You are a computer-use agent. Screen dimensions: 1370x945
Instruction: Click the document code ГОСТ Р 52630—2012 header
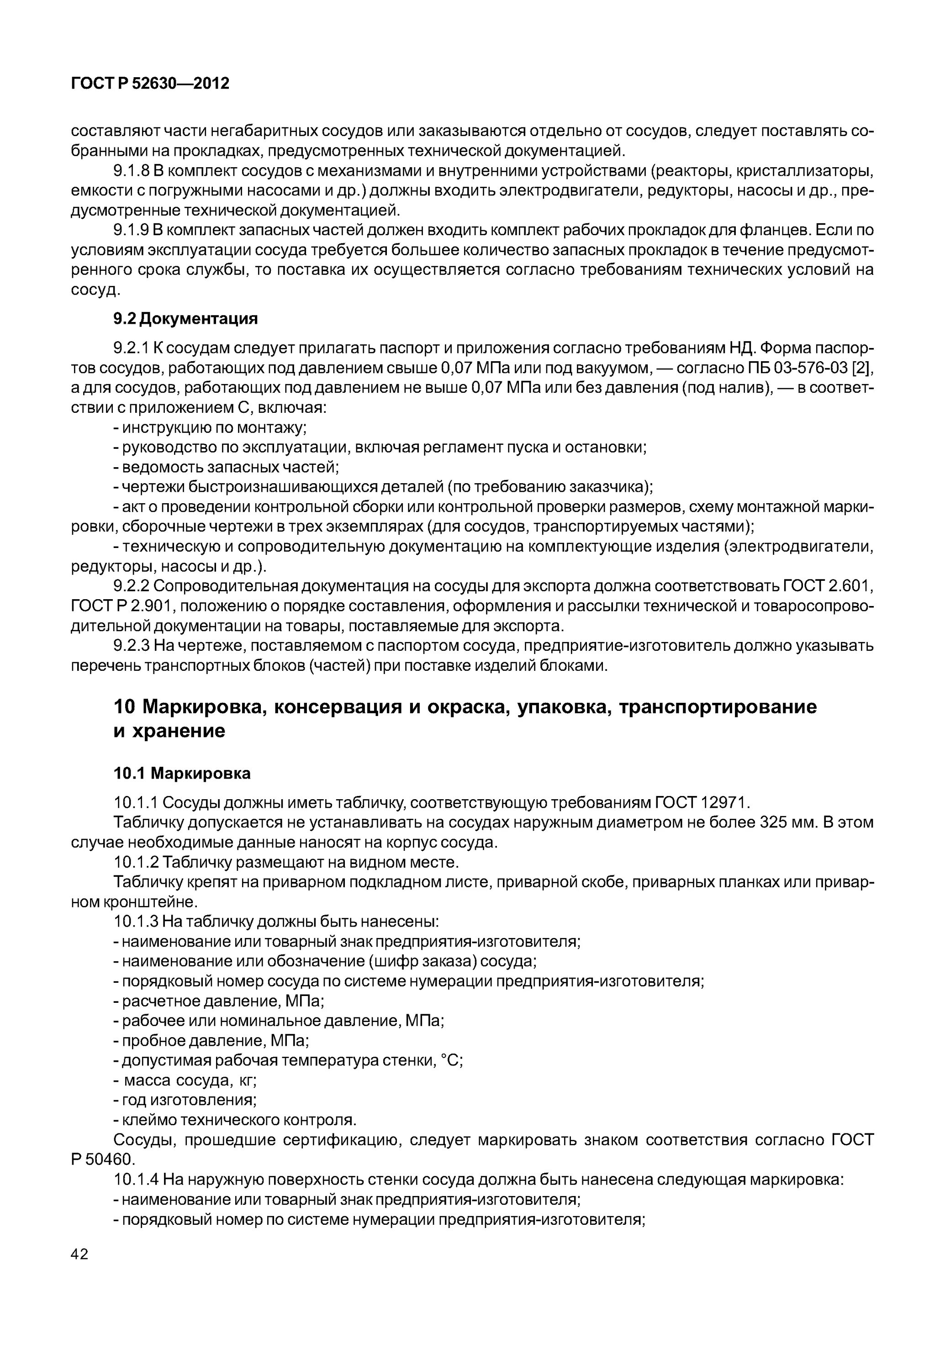click(150, 84)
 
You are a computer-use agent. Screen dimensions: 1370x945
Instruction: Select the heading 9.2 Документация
click(185, 318)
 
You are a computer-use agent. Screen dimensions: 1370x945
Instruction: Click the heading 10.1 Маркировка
click(182, 773)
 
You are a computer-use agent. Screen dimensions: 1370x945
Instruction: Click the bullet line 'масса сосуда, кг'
click(185, 1080)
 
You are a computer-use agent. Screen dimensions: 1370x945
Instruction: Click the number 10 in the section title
click(124, 707)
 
